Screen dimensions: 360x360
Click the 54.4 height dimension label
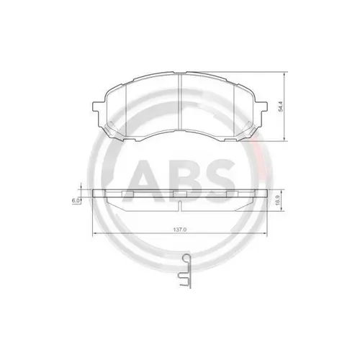(281, 109)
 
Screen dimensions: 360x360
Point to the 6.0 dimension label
(75, 201)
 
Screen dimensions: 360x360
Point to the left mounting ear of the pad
(98, 107)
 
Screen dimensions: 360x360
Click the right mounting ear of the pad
(261, 107)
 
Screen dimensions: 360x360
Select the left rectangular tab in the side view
(132, 193)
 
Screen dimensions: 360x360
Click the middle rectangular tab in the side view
(179, 193)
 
